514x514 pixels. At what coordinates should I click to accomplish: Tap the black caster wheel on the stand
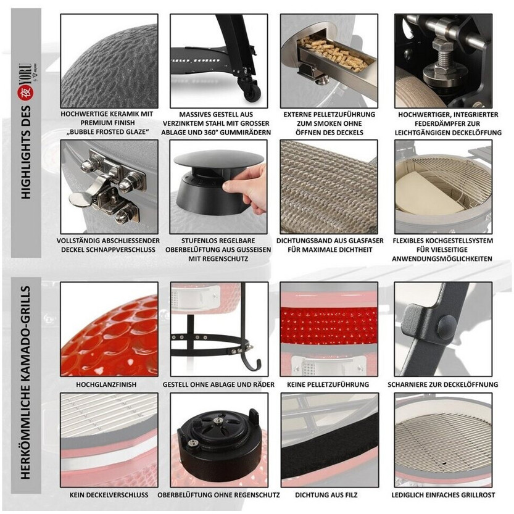tap(252, 93)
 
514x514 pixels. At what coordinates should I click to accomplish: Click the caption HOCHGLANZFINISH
tap(106, 384)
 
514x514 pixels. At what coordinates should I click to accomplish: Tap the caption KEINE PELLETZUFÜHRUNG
tap(328, 384)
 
